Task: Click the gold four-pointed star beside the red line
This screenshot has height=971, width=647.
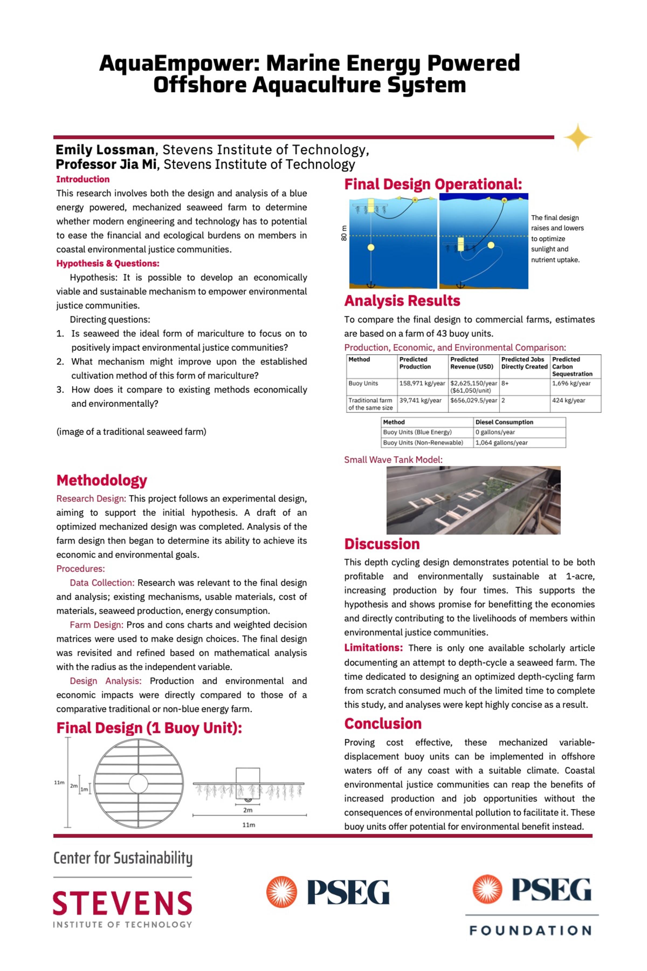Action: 578,137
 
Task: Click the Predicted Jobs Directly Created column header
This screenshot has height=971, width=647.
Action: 524,363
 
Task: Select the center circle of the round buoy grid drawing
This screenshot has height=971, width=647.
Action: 138,783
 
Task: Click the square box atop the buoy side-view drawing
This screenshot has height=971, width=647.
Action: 247,775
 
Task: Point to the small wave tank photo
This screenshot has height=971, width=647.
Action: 473,500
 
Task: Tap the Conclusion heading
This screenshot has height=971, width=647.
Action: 383,724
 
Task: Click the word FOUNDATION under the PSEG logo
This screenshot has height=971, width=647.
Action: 531,931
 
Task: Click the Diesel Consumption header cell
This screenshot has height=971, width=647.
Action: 504,422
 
